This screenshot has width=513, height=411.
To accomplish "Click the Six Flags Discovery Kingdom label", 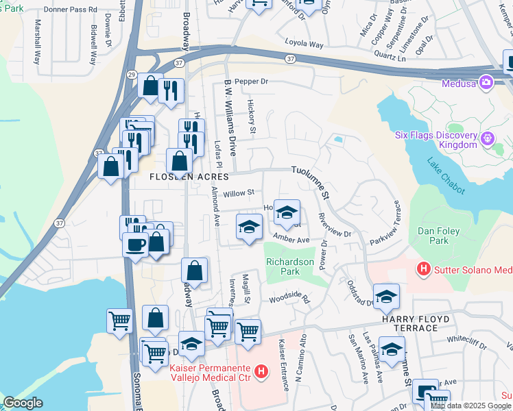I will (436, 140).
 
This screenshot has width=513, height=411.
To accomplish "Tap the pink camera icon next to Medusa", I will (487, 82).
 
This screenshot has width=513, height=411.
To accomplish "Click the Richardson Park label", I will (289, 266).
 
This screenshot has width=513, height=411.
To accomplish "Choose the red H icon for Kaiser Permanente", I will (261, 373).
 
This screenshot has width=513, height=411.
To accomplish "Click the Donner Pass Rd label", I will (70, 11).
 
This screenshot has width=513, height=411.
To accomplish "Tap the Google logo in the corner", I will (23, 403).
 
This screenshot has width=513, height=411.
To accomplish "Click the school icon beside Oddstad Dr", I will (387, 296).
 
